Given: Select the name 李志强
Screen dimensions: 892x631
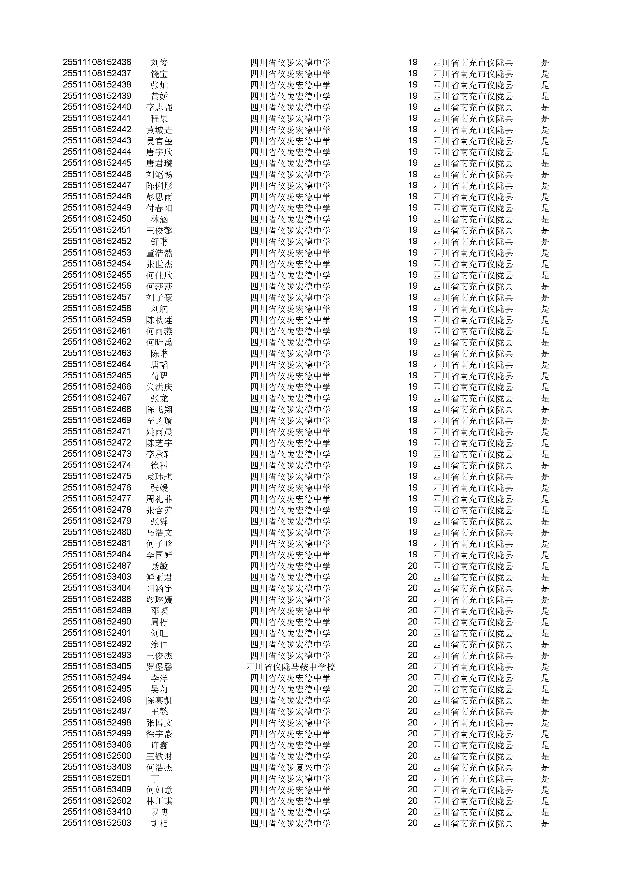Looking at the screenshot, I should coord(159,107).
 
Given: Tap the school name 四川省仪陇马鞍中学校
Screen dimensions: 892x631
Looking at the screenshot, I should coord(290,667).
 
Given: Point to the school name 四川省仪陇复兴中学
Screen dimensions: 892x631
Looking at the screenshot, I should coord(290,768).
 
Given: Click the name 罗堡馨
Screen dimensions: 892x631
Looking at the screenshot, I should coord(159,667).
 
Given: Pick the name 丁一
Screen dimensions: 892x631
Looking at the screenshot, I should coord(159,779).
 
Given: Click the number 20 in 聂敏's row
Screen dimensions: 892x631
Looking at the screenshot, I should coord(412,566).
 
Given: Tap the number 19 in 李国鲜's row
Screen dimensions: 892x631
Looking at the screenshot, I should coord(412,555).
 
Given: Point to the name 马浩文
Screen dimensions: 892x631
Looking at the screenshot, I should coord(159,533).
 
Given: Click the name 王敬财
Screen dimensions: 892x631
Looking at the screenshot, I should coord(159,756).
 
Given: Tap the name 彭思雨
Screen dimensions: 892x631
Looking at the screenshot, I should coord(159,197).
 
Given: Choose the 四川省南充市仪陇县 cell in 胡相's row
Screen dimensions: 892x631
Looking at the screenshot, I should coord(473,824).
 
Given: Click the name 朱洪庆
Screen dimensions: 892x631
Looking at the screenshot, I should coord(159,387).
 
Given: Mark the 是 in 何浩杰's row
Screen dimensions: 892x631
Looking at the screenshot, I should coord(545,768).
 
